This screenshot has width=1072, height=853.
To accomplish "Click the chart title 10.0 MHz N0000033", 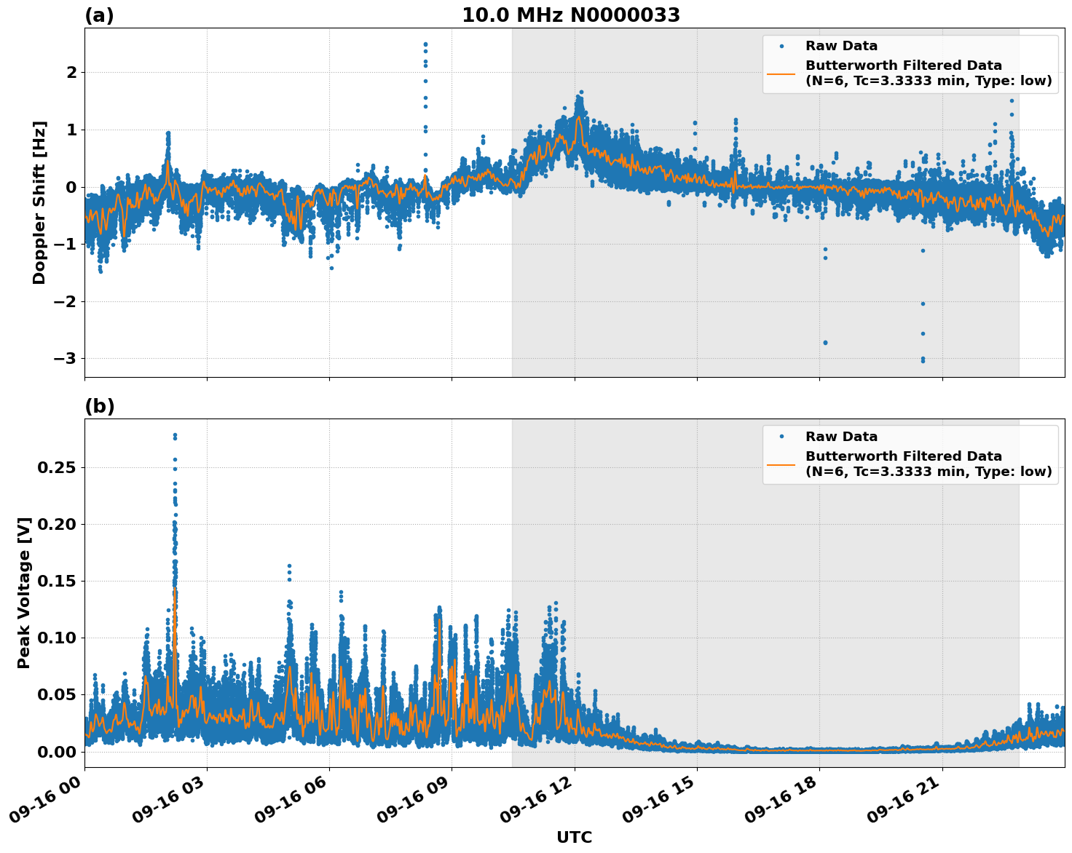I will (571, 15).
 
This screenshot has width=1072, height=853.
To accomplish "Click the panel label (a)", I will (99, 15).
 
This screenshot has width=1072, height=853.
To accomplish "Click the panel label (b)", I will (99, 406).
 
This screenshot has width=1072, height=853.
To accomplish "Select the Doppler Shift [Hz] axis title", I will (39, 202).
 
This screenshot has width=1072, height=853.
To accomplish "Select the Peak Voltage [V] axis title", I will (24, 593).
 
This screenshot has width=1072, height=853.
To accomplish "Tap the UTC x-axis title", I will (574, 837).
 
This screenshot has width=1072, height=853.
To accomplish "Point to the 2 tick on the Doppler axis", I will (71, 73).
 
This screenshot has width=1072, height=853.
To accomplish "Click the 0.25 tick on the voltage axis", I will (56, 467).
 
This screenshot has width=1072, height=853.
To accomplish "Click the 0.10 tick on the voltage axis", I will (56, 638).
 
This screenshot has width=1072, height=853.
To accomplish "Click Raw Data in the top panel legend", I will (841, 46).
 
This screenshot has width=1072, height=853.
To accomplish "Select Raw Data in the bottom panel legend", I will (841, 437).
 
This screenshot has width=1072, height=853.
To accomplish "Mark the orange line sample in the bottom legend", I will (781, 464).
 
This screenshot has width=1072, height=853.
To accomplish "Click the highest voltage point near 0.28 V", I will (175, 435).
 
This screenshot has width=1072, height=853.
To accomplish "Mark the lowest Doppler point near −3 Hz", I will (923, 360).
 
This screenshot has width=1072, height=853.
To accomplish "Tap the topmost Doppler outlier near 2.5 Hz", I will (425, 44).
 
